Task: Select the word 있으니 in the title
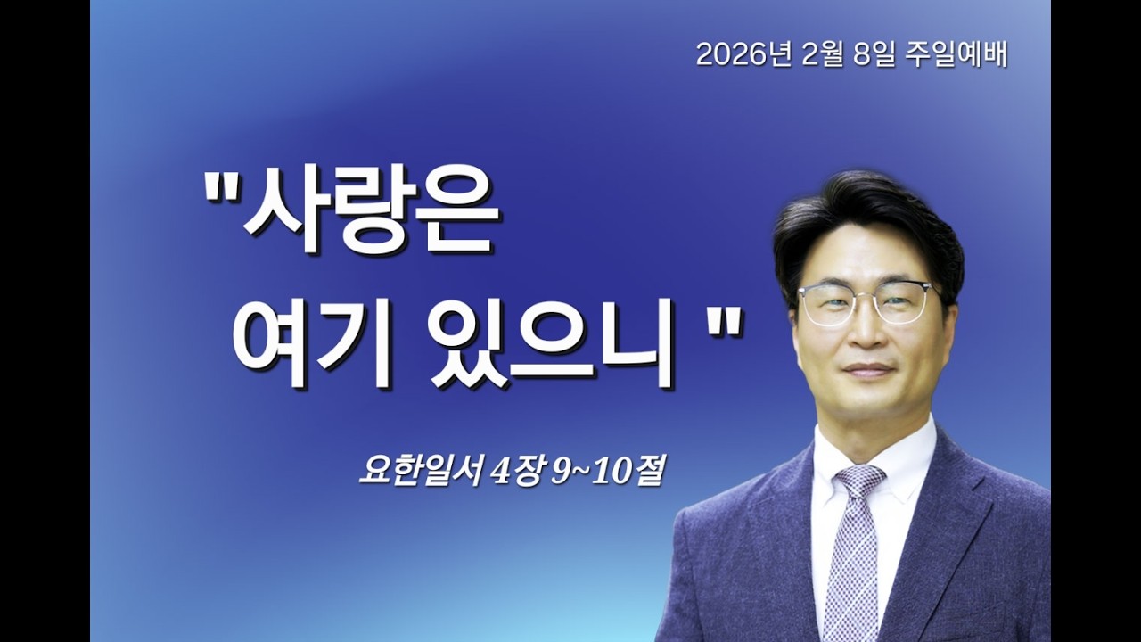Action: (x=553, y=343)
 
